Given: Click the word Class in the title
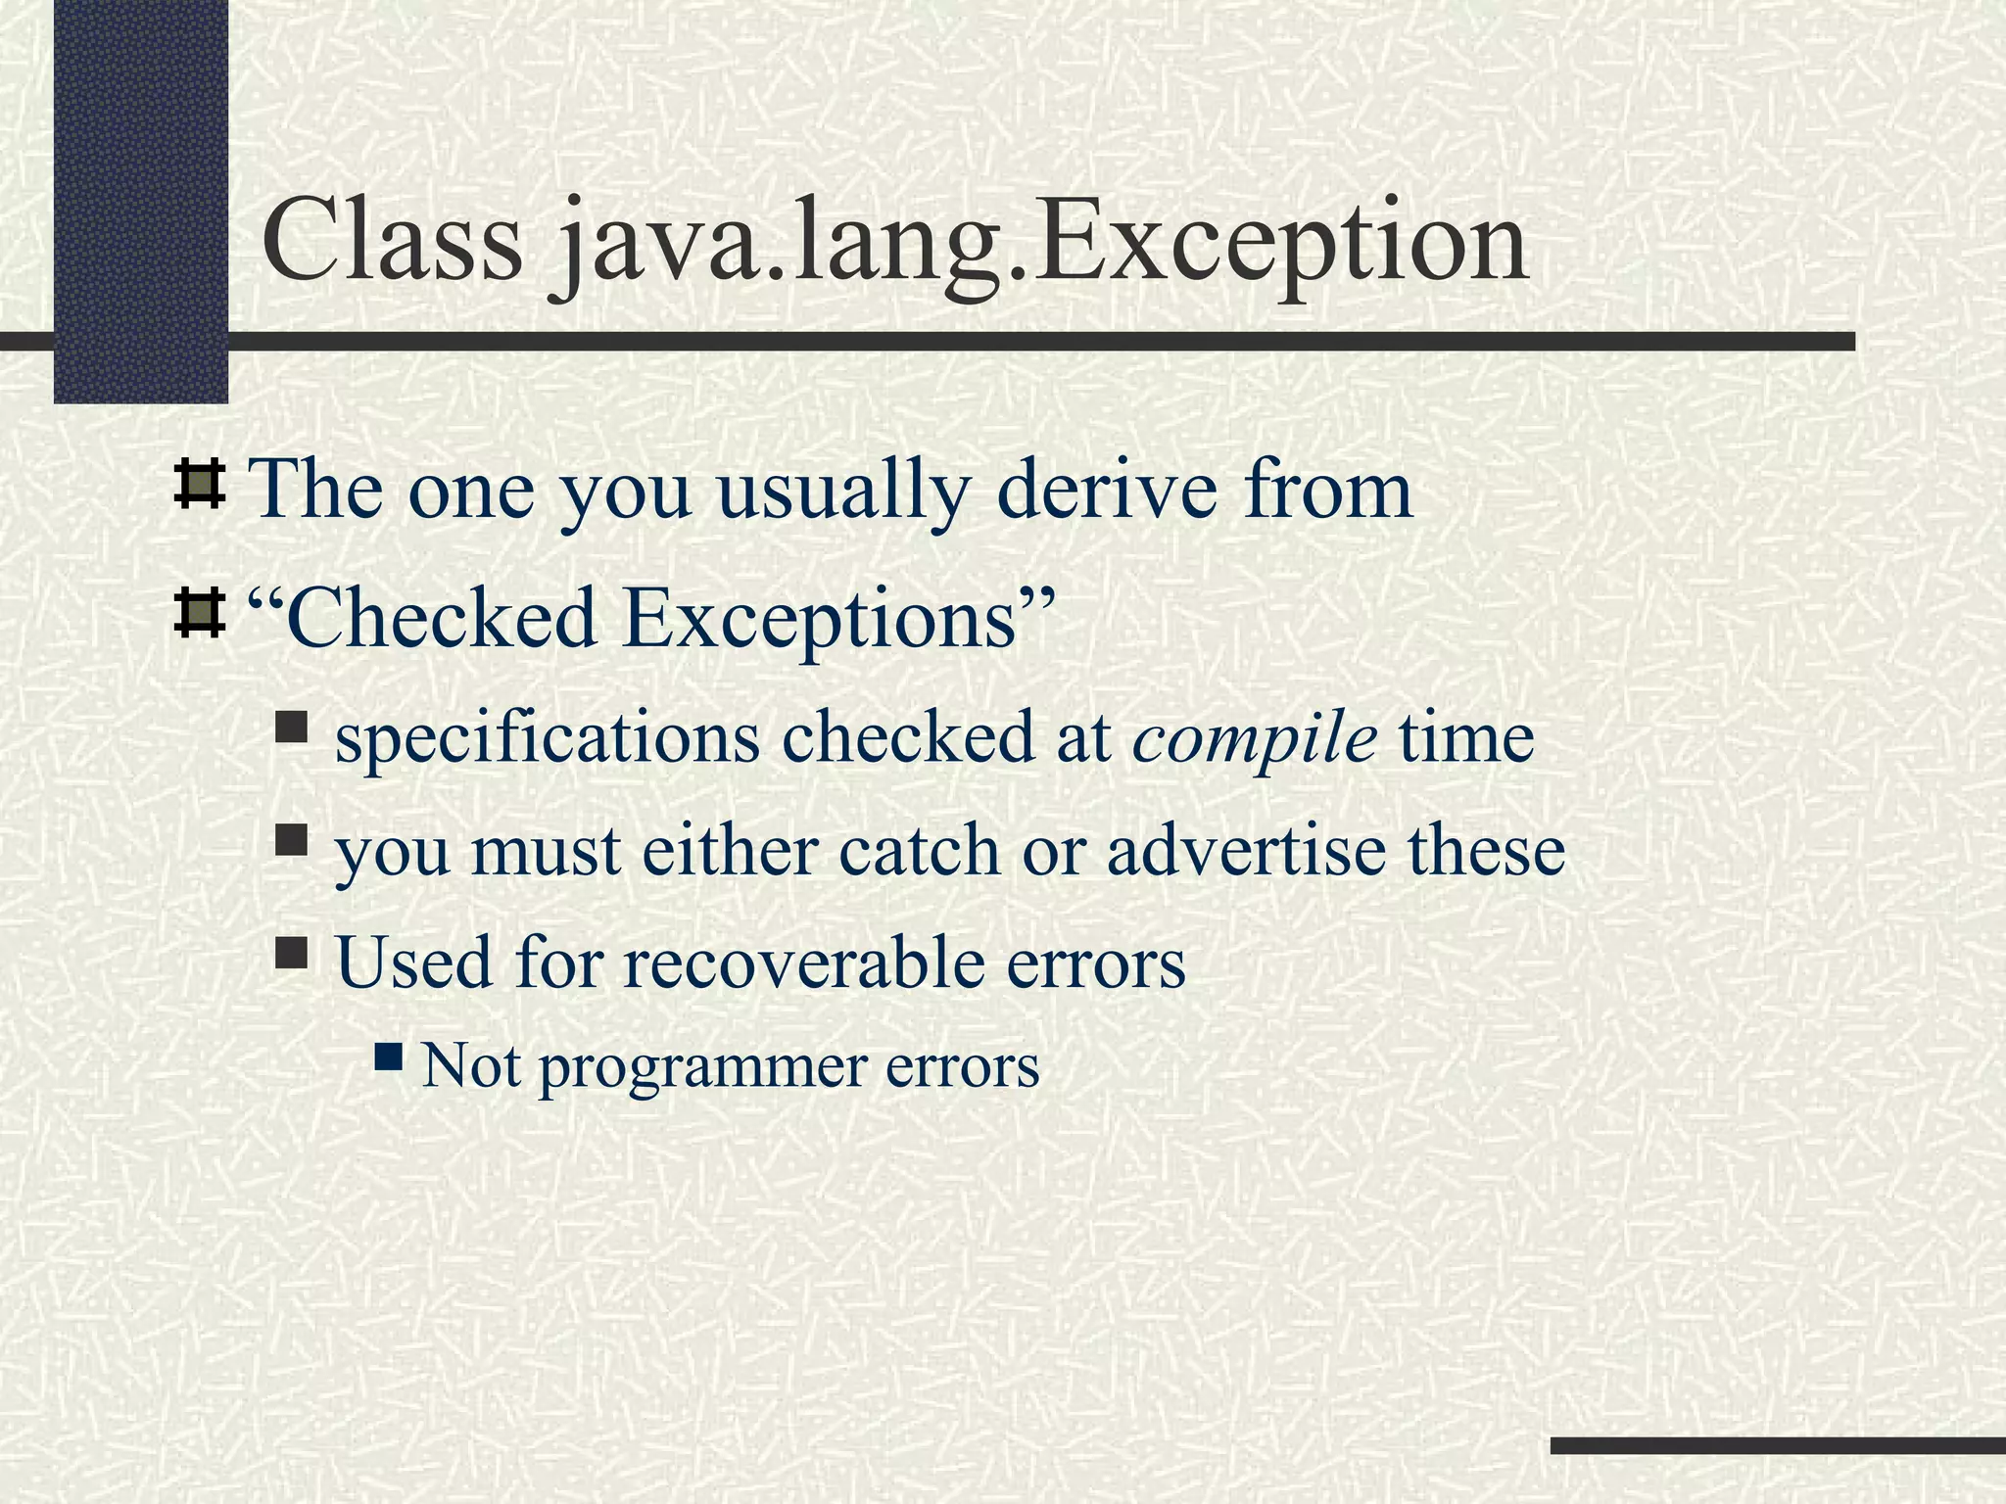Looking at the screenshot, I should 393,241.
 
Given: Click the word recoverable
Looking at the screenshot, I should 803,963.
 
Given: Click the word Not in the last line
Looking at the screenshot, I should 471,1065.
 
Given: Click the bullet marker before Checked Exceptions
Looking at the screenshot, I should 199,615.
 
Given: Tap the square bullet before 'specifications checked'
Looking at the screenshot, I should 292,727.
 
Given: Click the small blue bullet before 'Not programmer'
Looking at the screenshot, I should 389,1056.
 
